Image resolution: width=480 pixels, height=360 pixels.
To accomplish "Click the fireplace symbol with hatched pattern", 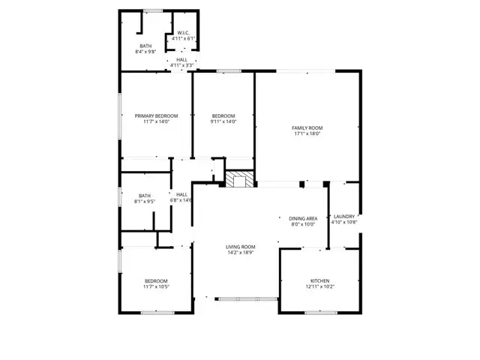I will pyautogui.click(x=241, y=179).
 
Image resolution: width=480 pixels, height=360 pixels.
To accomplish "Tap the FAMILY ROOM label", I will pyautogui.click(x=307, y=128).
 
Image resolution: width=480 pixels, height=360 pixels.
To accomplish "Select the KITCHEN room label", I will pyautogui.click(x=318, y=280).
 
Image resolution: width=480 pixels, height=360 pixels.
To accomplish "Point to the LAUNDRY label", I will pyautogui.click(x=344, y=216).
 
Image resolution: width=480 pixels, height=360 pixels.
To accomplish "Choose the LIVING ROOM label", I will pyautogui.click(x=241, y=247).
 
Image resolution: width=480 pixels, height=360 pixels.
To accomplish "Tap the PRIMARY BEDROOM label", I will pyautogui.click(x=157, y=115).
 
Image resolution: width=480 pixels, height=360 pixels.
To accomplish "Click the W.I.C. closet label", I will pyautogui.click(x=183, y=32).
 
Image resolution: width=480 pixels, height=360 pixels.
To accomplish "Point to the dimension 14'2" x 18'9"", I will pyautogui.click(x=241, y=253).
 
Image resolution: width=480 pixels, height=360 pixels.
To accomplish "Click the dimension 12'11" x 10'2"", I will pyautogui.click(x=318, y=286).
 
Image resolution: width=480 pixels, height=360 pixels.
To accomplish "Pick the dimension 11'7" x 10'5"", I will pyautogui.click(x=156, y=286).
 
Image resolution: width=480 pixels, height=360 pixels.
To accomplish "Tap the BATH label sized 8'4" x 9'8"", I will pyautogui.click(x=145, y=46).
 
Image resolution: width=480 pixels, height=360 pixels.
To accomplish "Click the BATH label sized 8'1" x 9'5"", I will pyautogui.click(x=145, y=196).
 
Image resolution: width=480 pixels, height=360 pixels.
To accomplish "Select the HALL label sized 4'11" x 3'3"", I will pyautogui.click(x=182, y=59).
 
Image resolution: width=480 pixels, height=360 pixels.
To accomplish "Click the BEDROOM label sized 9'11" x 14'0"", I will pyautogui.click(x=223, y=115).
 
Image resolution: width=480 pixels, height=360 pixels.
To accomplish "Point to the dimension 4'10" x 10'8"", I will pyautogui.click(x=344, y=222).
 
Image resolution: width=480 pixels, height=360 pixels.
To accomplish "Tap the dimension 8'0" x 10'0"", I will pyautogui.click(x=303, y=223).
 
